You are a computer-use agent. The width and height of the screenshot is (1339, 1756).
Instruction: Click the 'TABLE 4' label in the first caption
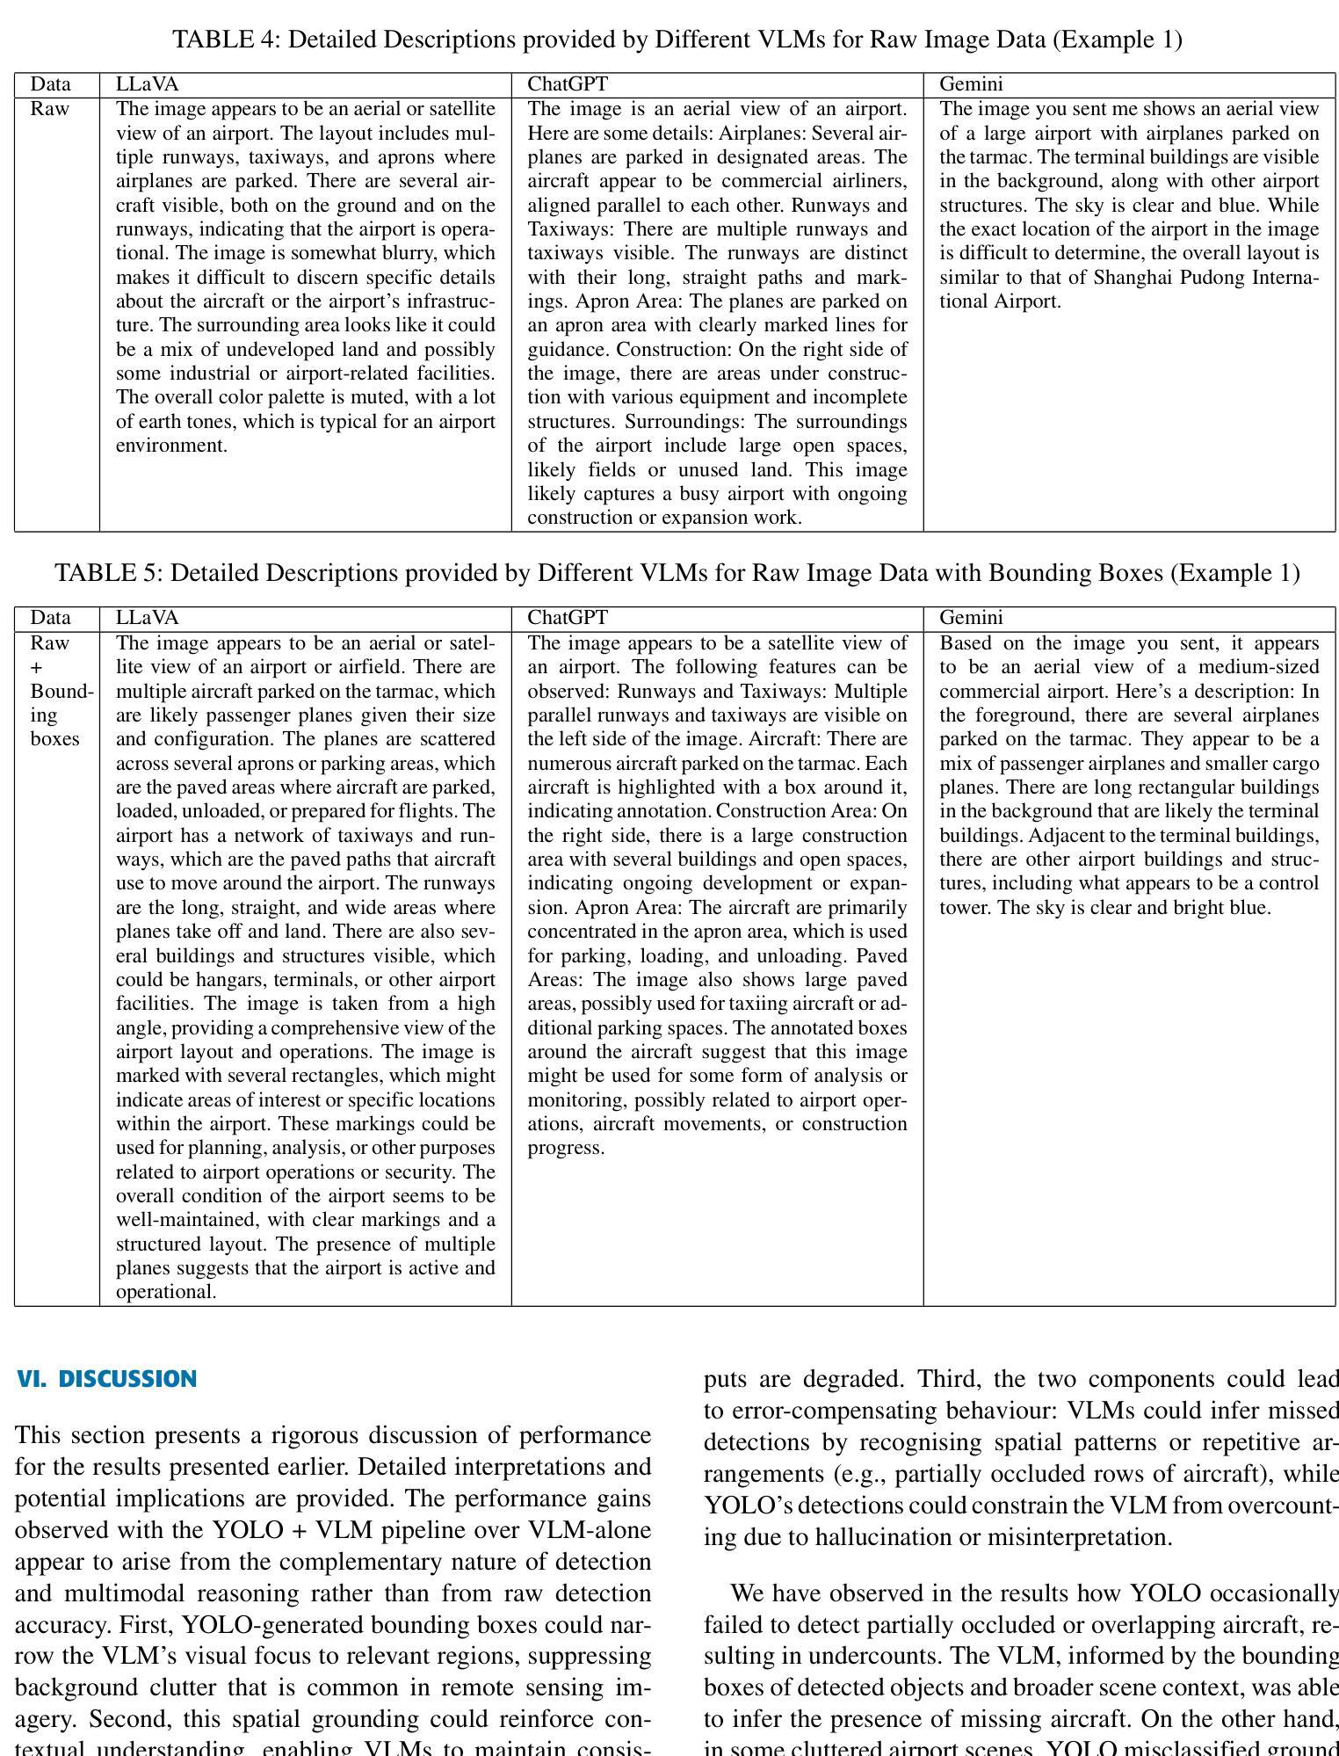226,40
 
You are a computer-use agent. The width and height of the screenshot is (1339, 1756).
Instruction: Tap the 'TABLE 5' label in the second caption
109,573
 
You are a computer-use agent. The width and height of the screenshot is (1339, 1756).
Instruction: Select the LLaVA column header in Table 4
147,84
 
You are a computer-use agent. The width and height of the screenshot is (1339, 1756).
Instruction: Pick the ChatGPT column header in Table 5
568,618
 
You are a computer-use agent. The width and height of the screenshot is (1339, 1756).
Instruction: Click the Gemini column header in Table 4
971,84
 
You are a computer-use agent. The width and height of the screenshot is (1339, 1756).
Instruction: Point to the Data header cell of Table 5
50,618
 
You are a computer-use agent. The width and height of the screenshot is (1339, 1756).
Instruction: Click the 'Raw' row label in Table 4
50,109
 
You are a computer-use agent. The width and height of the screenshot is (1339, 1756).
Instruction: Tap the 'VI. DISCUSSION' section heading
106,1379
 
